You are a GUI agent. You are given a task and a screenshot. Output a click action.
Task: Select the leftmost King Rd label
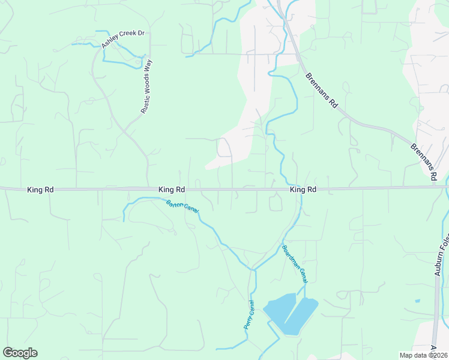41,190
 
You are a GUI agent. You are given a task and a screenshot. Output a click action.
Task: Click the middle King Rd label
172,190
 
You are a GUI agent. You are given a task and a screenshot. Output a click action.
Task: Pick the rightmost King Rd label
303,190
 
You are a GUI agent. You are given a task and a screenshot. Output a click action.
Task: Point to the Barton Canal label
182,206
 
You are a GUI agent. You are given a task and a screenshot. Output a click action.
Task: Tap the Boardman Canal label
295,264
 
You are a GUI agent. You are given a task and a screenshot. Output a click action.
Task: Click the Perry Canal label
250,315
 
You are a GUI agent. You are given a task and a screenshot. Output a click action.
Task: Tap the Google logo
20,353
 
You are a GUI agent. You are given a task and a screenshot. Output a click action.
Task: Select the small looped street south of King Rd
276,204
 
